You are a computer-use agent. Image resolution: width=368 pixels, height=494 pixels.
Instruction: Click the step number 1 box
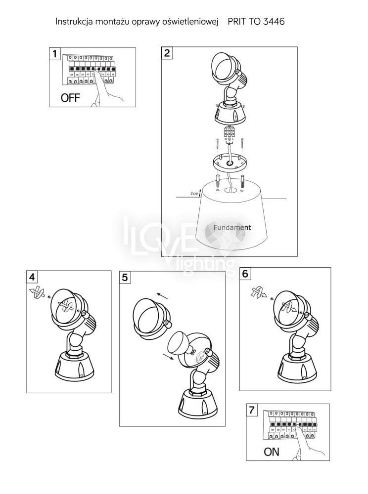pos(55,53)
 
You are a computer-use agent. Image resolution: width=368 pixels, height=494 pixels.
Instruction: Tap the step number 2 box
pos(167,53)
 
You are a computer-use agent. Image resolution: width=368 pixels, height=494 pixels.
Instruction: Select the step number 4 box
pos(32,277)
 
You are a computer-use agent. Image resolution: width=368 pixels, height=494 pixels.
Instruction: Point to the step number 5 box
pos(125,277)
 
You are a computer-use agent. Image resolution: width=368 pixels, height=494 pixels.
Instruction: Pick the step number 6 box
pos(245,274)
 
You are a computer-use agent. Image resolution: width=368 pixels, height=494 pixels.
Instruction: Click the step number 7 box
pos(252,410)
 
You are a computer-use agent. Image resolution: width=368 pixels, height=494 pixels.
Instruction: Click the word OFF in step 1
pos(70,98)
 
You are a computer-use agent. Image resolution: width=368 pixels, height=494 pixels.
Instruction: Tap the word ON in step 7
pos(272,452)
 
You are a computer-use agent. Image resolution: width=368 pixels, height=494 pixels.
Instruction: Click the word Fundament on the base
pos(232,227)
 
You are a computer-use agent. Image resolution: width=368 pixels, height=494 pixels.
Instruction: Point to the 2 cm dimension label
pos(194,193)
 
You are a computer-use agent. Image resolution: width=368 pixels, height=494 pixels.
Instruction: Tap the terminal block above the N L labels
pos(229,132)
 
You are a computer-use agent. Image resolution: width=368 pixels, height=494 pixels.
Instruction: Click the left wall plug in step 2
pos(217,181)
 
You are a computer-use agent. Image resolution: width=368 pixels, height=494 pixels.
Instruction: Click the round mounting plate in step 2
pos(230,163)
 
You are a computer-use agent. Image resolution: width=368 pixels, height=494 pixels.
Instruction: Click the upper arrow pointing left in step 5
pos(163,296)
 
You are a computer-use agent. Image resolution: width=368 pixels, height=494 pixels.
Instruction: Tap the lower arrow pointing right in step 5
pos(168,356)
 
